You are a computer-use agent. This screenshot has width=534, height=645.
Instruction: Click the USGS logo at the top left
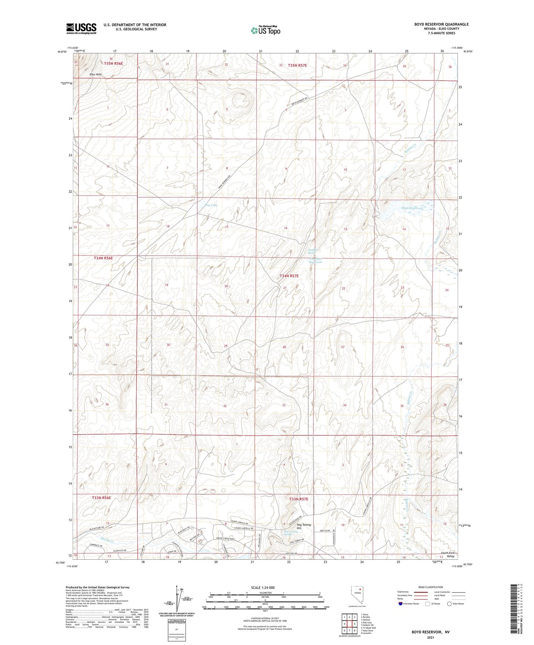click(81, 28)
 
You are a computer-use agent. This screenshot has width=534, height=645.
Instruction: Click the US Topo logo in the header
click(265, 30)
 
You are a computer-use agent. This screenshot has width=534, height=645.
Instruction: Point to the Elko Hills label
click(95, 74)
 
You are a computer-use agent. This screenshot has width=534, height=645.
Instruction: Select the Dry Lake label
click(211, 205)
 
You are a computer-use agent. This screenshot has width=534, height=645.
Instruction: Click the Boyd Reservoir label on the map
click(412, 208)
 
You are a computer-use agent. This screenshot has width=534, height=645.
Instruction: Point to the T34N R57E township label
click(289, 276)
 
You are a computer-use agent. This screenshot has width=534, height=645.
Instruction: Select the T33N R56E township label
click(101, 498)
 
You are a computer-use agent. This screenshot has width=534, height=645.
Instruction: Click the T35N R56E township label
click(113, 64)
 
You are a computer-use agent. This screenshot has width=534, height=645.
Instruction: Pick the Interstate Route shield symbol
click(401, 604)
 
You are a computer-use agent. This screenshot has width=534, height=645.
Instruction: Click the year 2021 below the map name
click(431, 637)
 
